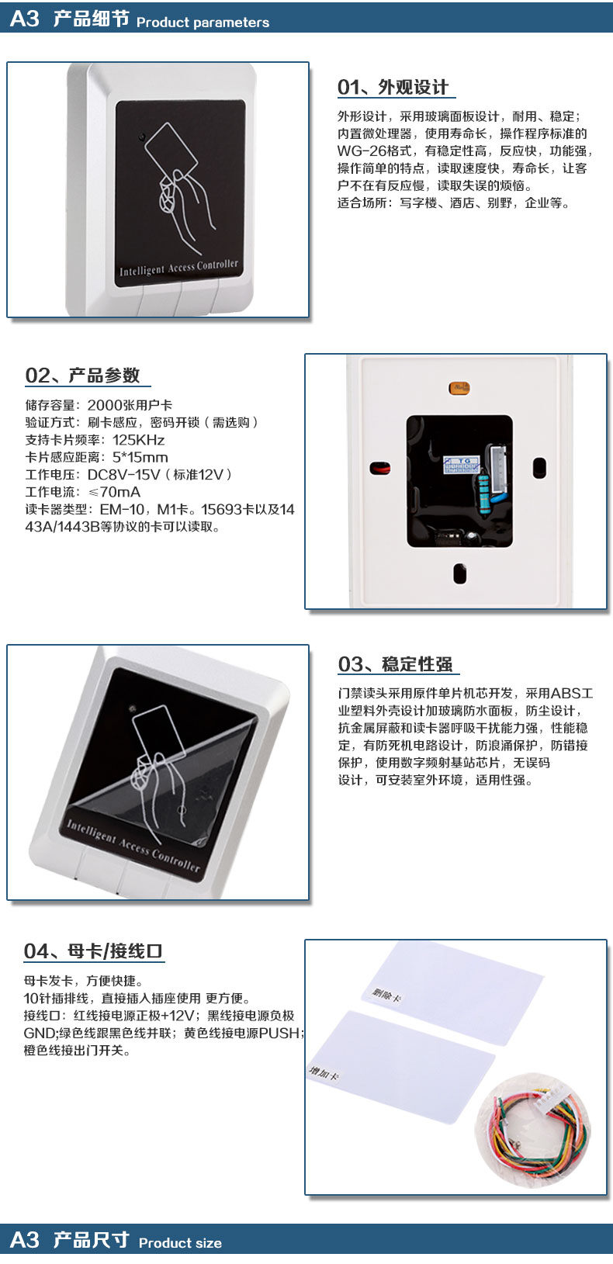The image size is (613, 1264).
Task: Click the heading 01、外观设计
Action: (x=393, y=87)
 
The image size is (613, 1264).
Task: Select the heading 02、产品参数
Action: (x=82, y=376)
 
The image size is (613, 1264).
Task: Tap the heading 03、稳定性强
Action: (x=395, y=664)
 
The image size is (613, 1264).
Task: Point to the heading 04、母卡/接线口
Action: (x=93, y=951)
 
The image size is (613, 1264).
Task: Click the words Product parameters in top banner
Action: (x=203, y=23)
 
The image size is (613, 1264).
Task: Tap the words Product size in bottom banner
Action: (x=180, y=1243)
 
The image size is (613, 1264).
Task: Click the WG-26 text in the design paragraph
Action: (x=362, y=151)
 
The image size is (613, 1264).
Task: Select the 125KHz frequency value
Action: (x=138, y=440)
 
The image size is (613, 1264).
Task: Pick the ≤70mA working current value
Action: (x=115, y=492)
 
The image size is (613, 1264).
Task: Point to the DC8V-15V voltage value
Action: (x=123, y=475)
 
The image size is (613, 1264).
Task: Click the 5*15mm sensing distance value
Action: (x=140, y=458)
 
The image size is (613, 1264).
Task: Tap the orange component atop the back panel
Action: (x=459, y=388)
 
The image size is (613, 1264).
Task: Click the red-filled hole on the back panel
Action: (x=380, y=468)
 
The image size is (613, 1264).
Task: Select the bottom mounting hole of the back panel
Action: (x=460, y=573)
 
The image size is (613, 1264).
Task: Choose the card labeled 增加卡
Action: (x=402, y=1066)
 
